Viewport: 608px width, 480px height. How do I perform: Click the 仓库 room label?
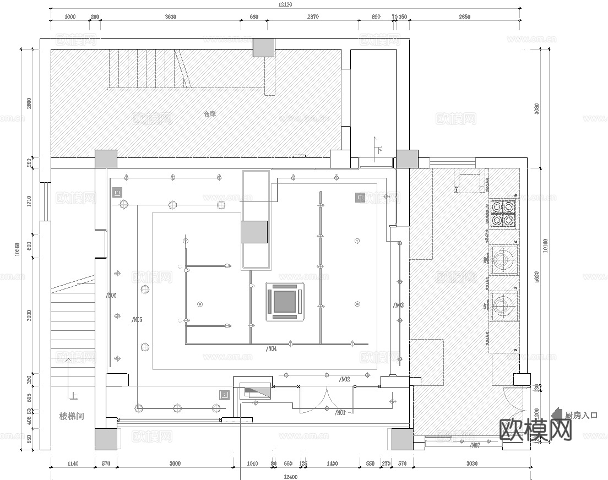pos(210,114)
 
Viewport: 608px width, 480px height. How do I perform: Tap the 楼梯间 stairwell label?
pos(72,417)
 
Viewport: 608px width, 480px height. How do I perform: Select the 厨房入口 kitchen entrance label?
pos(581,416)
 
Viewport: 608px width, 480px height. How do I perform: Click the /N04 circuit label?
pos(271,348)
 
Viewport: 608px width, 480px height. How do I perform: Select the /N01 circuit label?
pos(340,413)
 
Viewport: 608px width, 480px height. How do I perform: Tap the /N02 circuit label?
pos(344,379)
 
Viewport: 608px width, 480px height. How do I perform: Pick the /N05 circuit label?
pos(137,319)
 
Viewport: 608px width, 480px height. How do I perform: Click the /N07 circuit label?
pos(474,445)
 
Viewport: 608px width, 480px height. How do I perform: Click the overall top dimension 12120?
pos(284,4)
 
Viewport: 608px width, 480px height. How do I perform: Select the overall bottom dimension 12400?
pos(290,477)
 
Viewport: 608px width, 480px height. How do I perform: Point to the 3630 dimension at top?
pos(170,17)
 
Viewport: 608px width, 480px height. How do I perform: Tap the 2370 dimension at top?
pos(312,17)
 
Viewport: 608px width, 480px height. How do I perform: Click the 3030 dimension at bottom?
pos(471,463)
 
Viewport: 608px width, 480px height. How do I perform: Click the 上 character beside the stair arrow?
pos(74,395)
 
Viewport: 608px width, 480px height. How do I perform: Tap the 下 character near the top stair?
pos(379,150)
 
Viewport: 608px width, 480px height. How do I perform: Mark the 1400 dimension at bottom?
pos(332,463)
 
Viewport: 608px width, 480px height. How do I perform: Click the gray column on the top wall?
pos(263,47)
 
